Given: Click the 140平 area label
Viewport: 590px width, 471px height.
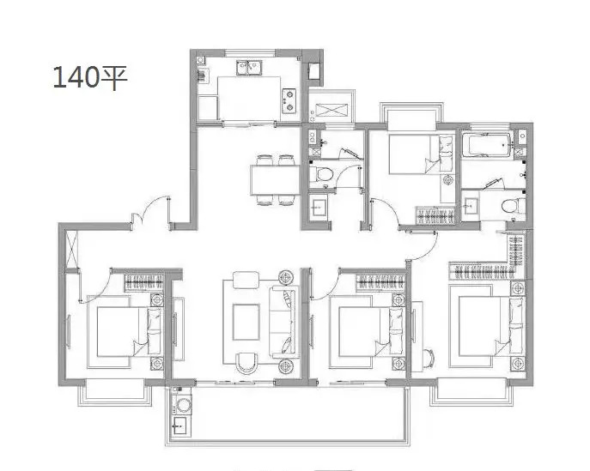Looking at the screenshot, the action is coord(90,77).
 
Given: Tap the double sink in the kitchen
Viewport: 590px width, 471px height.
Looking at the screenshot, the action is coord(249,68).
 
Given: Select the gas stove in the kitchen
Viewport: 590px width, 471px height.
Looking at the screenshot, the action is coord(289,100).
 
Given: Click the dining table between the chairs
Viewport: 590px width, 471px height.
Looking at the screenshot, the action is coord(275,180).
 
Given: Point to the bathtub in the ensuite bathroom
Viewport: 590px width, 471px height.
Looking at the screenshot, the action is coord(487,146).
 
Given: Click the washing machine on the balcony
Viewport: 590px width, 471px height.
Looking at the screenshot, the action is coord(183,405).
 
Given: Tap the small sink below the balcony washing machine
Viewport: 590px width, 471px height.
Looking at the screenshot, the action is coord(179,426).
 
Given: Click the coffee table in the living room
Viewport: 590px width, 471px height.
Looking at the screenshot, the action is coord(246,322).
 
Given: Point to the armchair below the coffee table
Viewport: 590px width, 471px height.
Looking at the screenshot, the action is coord(246,363).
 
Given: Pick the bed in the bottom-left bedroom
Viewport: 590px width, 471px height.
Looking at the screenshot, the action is coord(129,331).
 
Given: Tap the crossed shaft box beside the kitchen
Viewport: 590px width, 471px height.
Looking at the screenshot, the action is coord(331,110).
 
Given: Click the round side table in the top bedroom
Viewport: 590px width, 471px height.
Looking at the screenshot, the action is coord(448,180).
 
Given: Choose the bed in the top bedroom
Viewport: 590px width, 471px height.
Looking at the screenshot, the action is coord(421,154).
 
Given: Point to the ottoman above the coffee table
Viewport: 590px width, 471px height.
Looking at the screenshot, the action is coord(246,280).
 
